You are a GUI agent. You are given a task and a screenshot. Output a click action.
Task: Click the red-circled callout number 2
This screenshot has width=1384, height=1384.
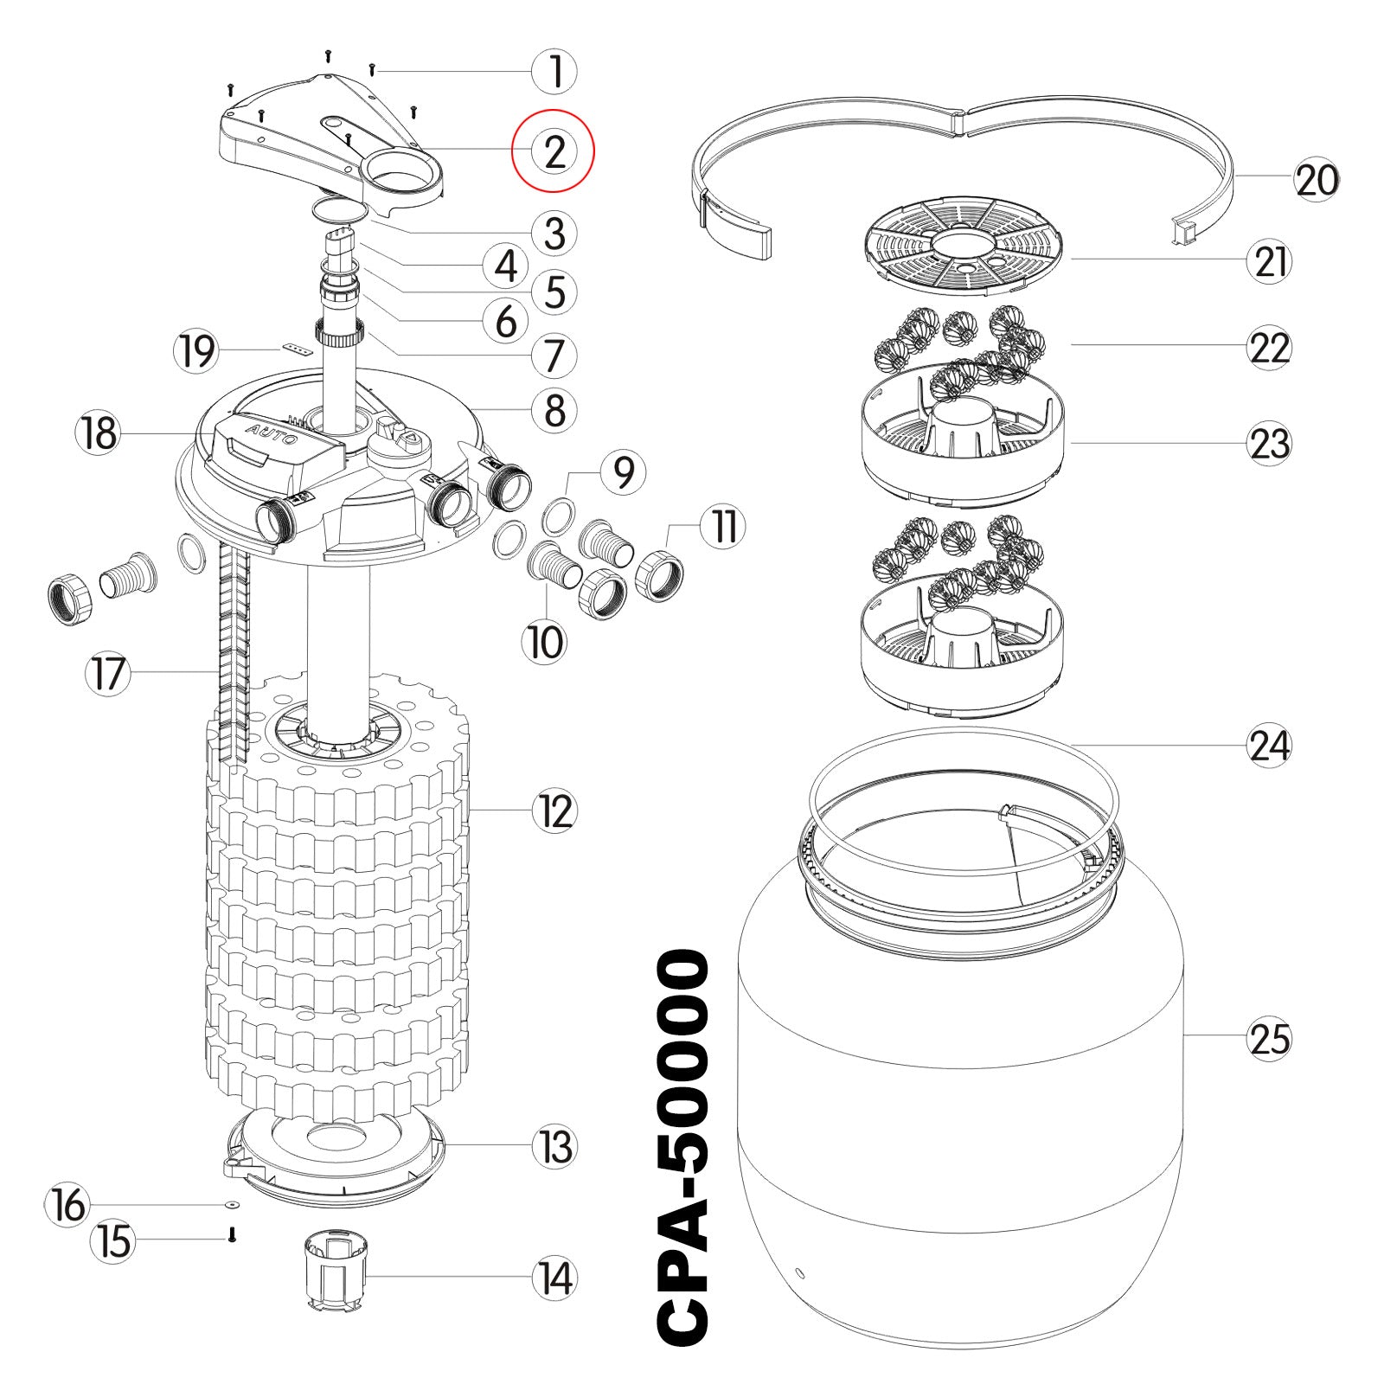pyautogui.click(x=554, y=151)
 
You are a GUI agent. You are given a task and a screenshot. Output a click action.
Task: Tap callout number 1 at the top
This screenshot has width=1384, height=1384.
pyautogui.click(x=554, y=72)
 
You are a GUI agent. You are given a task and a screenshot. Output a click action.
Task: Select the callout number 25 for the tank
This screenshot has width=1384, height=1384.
pyautogui.click(x=1269, y=1038)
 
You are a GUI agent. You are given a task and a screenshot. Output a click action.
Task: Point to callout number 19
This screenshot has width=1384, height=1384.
pyautogui.click(x=195, y=351)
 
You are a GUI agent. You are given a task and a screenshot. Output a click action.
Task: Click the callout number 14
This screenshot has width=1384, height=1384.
pyautogui.click(x=554, y=1278)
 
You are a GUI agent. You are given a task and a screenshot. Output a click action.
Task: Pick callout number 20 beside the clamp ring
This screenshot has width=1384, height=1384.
pyautogui.click(x=1317, y=181)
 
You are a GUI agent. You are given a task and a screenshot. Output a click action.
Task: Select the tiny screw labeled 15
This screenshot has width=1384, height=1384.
pyautogui.click(x=231, y=1237)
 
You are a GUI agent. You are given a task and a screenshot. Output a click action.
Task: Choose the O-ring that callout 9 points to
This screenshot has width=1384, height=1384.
pyautogui.click(x=558, y=516)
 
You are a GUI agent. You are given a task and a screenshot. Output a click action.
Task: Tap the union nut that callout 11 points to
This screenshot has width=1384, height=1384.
pyautogui.click(x=660, y=572)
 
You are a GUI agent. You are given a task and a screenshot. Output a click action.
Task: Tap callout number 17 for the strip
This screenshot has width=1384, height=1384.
pyautogui.click(x=108, y=674)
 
